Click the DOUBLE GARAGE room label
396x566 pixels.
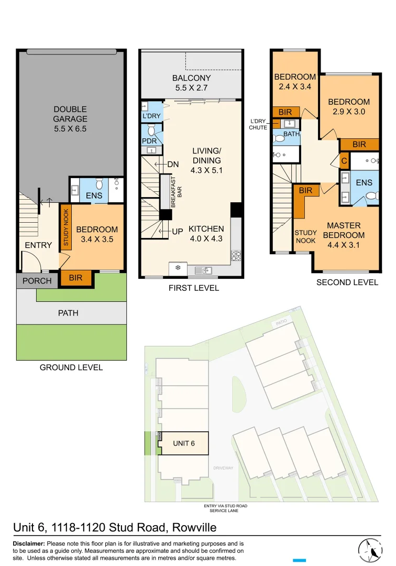(70, 118)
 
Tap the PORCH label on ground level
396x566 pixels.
(37, 280)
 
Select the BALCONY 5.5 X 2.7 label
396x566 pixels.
(192, 83)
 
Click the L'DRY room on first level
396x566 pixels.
(151, 116)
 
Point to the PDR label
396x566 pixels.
(150, 141)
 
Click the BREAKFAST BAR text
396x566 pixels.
(174, 193)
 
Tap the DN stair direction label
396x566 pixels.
(173, 164)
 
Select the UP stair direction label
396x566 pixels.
(177, 231)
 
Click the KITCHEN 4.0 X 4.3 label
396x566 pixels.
(206, 234)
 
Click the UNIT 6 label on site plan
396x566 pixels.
(184, 443)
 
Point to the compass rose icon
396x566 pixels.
(371, 550)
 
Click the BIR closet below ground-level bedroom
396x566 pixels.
(76, 278)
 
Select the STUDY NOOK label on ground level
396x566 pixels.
(66, 227)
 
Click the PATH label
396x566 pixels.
(68, 313)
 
